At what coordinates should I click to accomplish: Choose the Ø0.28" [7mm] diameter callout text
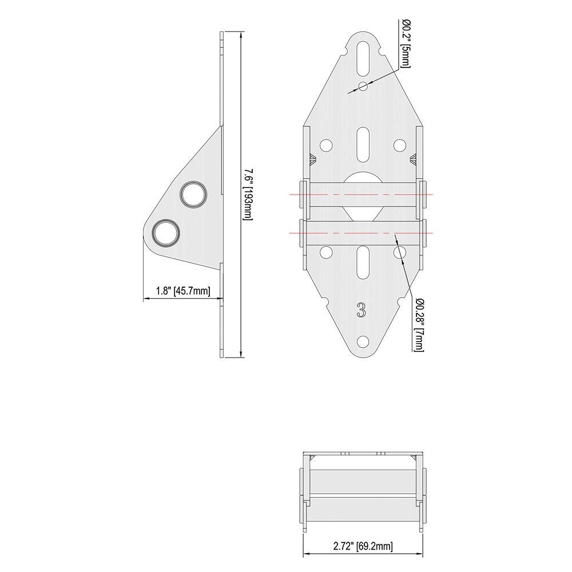tap(419, 324)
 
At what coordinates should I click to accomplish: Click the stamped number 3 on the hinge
tap(361, 309)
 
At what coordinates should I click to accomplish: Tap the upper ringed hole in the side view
tap(193, 194)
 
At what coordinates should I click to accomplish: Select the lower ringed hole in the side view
tap(166, 232)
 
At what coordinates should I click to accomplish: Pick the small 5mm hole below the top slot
tap(363, 86)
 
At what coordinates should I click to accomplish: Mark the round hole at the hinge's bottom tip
tap(363, 341)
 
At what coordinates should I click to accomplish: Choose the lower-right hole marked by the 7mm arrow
tap(399, 252)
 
